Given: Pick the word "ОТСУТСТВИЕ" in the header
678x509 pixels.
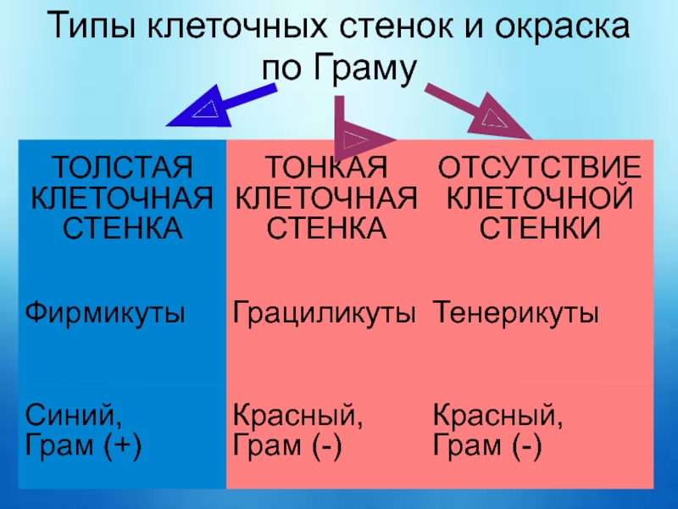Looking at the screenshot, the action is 538,163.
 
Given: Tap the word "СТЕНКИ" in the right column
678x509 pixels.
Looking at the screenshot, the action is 539,228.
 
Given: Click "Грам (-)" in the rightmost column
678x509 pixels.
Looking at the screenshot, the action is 487,446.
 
